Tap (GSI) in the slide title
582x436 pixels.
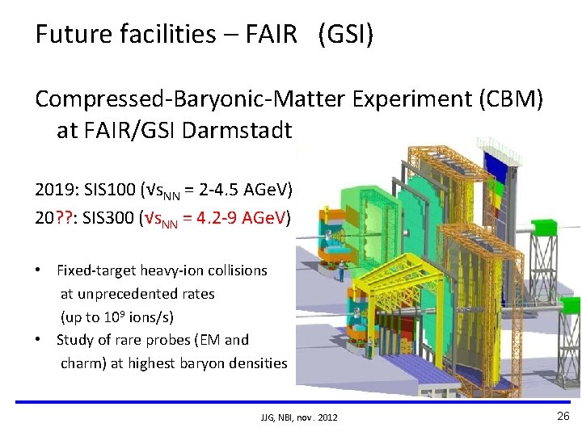pos(346,34)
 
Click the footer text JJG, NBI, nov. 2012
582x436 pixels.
pos(299,417)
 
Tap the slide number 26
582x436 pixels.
pos(563,416)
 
